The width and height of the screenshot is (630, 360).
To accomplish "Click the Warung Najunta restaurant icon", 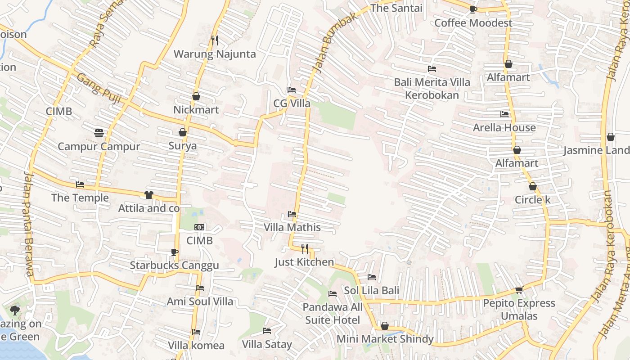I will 215,40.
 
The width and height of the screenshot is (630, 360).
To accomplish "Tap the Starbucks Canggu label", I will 174,265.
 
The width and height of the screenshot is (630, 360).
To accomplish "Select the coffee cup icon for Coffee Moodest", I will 473,9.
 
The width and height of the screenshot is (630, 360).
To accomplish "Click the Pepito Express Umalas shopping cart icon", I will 519,290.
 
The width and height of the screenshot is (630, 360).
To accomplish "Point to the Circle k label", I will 532,199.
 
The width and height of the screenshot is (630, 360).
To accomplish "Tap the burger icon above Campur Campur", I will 99,133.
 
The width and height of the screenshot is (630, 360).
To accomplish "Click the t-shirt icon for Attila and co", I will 148,195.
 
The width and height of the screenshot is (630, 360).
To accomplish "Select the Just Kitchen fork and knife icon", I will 305,248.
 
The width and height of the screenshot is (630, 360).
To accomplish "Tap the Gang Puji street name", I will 98,89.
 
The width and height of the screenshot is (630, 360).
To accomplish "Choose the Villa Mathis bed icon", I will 292,214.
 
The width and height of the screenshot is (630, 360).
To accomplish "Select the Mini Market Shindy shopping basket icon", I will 384,326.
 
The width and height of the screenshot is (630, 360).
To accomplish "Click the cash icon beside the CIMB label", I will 199,227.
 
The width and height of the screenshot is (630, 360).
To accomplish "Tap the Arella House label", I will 504,127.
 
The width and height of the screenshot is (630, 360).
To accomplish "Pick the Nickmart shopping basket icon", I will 196,96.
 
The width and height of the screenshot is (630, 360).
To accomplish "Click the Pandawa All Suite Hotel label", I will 332,314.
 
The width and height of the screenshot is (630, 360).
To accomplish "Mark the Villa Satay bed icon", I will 267,331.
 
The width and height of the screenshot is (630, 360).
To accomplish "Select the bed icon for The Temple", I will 80,184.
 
